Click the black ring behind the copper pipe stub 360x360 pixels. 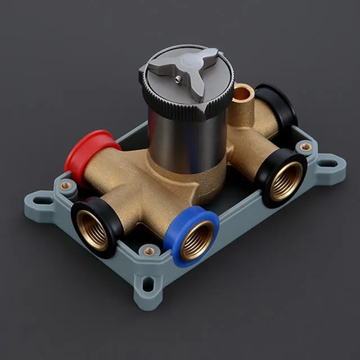(278, 104)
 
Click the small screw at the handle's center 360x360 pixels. (178, 79)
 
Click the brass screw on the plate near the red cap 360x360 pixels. (66, 186)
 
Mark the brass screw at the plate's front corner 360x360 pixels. (148, 251)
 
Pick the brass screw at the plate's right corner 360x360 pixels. (305, 147)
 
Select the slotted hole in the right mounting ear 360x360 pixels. (328, 164)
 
